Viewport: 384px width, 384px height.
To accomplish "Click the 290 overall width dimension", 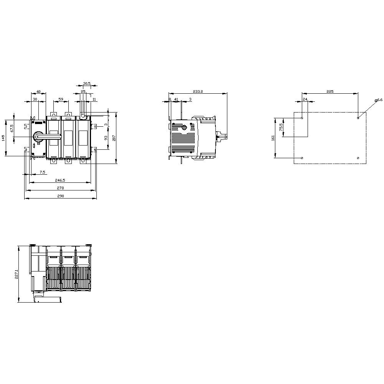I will pyautogui.click(x=60, y=196).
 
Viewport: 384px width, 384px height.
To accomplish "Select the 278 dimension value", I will pyautogui.click(x=60, y=188).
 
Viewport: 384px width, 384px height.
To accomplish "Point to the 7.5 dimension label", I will pyautogui.click(x=42, y=172).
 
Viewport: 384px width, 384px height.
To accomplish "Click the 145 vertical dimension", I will pyautogui.click(x=3, y=138).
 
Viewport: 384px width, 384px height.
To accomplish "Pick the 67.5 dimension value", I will pyautogui.click(x=12, y=128).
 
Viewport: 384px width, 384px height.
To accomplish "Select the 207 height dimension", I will pyautogui.click(x=114, y=138).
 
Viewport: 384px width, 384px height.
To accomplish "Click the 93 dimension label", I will pyautogui.click(x=106, y=138).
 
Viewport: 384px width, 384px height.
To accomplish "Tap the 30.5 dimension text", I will pyautogui.click(x=87, y=83).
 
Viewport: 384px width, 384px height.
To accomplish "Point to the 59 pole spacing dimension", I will pyautogui.click(x=61, y=99).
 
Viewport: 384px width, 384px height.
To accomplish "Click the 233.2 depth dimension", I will pyautogui.click(x=198, y=91).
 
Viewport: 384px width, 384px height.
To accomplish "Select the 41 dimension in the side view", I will pyautogui.click(x=176, y=99).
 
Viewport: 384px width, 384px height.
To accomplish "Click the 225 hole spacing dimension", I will pyautogui.click(x=330, y=91).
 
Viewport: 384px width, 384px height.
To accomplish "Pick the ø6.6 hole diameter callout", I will pyautogui.click(x=379, y=100).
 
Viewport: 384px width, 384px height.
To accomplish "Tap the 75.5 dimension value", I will pyautogui.click(x=281, y=127).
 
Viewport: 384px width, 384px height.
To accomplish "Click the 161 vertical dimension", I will pyautogui.click(x=273, y=138).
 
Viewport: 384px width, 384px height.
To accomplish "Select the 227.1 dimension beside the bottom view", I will pyautogui.click(x=17, y=273).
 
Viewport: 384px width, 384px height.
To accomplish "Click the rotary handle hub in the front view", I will pyautogui.click(x=38, y=136).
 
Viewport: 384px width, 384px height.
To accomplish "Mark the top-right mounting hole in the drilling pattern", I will pyautogui.click(x=358, y=118).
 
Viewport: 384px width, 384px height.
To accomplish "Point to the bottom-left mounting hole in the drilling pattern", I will pyautogui.click(x=302, y=158).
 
